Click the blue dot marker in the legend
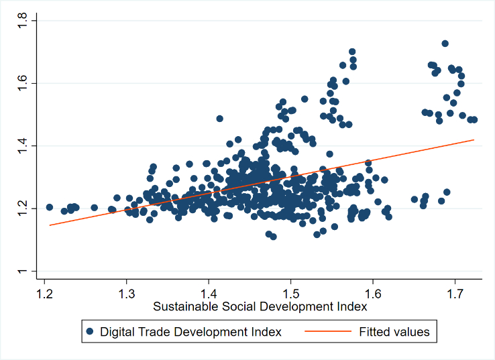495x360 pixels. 90,331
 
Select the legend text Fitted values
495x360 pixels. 394,331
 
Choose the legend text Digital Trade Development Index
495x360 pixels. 190,331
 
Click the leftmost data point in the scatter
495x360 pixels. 49,207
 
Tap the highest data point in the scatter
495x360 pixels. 445,44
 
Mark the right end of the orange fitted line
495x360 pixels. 474,139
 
